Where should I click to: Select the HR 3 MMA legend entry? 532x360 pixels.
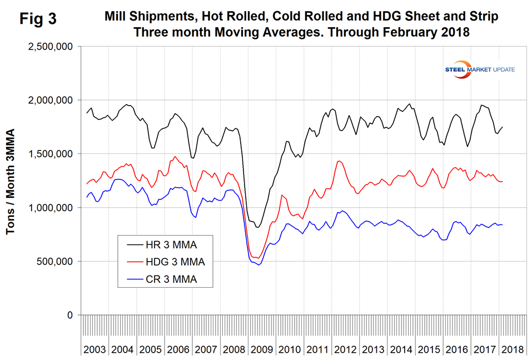pos(171,244)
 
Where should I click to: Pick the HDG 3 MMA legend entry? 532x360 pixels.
pos(176,262)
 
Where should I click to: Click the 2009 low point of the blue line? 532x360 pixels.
pos(258,265)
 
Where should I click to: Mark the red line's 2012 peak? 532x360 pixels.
pos(339,161)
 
